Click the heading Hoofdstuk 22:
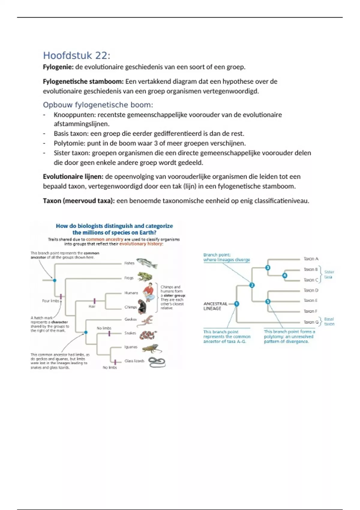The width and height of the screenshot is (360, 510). (76, 55)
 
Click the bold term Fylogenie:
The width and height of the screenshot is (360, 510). (58, 67)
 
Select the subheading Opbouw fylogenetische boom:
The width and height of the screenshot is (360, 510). (98, 105)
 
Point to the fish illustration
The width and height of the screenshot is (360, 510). (147, 263)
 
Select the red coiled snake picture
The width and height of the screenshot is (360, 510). (148, 334)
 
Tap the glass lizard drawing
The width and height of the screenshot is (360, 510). (157, 362)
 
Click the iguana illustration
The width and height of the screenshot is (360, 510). (151, 348)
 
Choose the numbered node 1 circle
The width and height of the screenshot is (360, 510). (236, 304)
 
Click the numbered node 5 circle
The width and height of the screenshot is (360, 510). (268, 301)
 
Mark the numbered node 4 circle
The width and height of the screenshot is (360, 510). (284, 275)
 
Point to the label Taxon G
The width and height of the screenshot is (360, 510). (311, 322)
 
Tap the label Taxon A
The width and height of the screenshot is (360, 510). (311, 259)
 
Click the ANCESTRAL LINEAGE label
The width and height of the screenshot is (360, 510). (215, 306)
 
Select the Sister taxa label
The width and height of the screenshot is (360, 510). (329, 274)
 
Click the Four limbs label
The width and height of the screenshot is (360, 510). (50, 301)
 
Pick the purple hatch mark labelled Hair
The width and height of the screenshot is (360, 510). (94, 301)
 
